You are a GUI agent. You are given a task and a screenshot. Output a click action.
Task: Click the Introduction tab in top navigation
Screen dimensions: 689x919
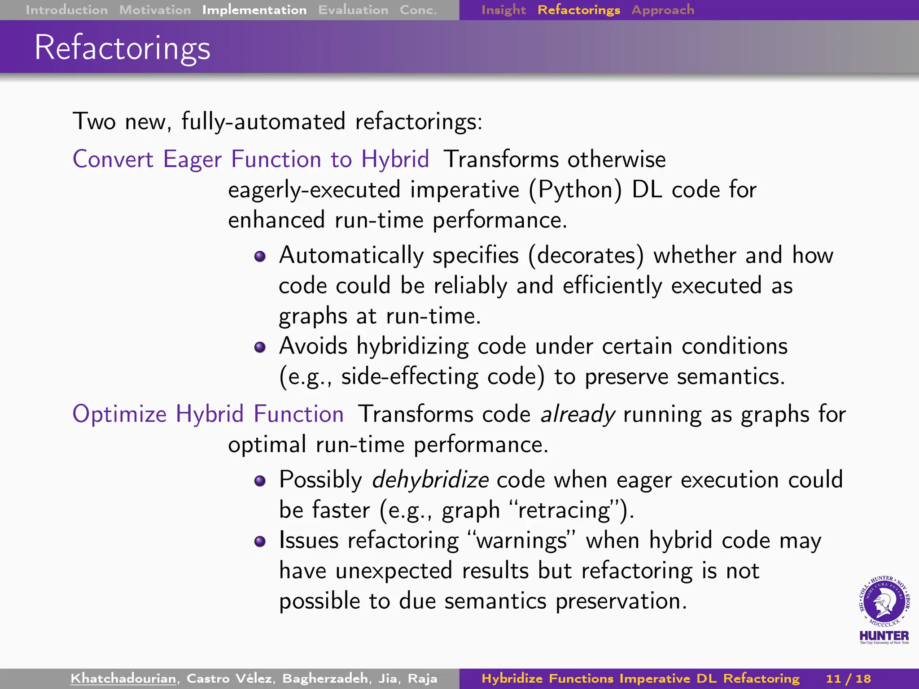click(x=66, y=10)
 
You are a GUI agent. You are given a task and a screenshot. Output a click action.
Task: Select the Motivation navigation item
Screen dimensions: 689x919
click(x=155, y=10)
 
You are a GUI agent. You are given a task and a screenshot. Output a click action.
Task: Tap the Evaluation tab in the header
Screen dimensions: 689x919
click(x=353, y=10)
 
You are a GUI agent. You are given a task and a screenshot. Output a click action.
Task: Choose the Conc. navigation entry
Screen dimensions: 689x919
click(x=418, y=10)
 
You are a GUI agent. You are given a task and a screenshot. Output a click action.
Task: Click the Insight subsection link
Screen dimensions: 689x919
click(x=503, y=10)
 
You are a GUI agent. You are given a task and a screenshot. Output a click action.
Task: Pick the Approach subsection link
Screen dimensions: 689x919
click(x=662, y=10)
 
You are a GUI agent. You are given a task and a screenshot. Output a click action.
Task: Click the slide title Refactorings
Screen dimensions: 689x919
click(x=123, y=48)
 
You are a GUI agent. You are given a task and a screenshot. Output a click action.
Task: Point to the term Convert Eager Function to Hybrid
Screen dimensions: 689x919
click(x=251, y=159)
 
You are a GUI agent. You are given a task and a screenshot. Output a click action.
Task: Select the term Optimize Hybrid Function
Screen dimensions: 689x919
click(x=208, y=414)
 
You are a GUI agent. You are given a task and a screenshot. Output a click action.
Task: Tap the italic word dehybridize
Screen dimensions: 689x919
click(x=430, y=480)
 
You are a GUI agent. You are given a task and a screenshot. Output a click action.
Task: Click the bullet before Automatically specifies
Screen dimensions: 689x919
click(x=260, y=257)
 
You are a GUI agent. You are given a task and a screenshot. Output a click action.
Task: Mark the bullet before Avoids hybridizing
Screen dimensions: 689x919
click(x=260, y=347)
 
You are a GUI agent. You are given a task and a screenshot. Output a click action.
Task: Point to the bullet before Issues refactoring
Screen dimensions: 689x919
click(x=260, y=541)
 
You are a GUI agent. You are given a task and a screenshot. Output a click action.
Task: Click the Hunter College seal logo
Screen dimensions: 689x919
click(x=884, y=603)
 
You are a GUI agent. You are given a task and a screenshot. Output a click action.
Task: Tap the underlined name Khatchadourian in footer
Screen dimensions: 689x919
click(x=123, y=678)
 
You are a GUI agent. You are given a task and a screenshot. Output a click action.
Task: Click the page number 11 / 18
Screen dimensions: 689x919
click(x=848, y=678)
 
